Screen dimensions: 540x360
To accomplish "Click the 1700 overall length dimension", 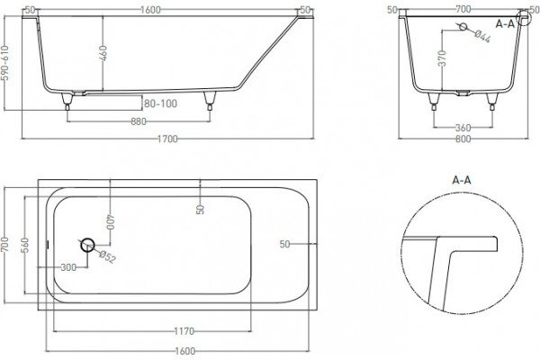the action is coord(167,139).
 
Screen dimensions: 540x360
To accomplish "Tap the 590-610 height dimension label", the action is coord(6,63).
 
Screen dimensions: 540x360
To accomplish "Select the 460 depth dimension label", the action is coord(103,53).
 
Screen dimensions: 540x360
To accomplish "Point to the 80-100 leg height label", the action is coord(160,103).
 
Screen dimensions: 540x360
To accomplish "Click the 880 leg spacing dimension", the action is coord(139,121).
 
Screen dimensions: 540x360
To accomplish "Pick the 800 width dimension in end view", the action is coord(463,139).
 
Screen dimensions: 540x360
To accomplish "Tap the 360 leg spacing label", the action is coord(463,128).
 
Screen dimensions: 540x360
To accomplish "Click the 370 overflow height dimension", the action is coord(443,58).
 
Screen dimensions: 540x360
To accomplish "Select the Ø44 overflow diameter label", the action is coord(482,37).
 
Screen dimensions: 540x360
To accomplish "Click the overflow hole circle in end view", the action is coord(463,26).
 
